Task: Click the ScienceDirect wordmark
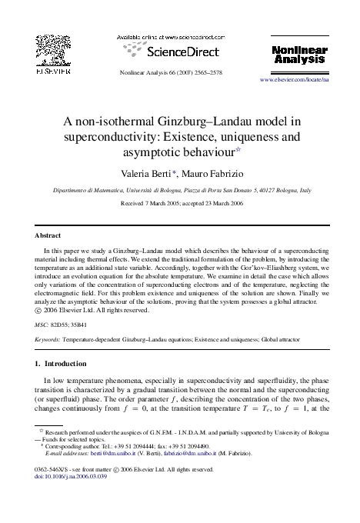coord(169,52)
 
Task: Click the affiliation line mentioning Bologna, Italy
coord(182,188)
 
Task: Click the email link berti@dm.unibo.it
coord(115,457)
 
